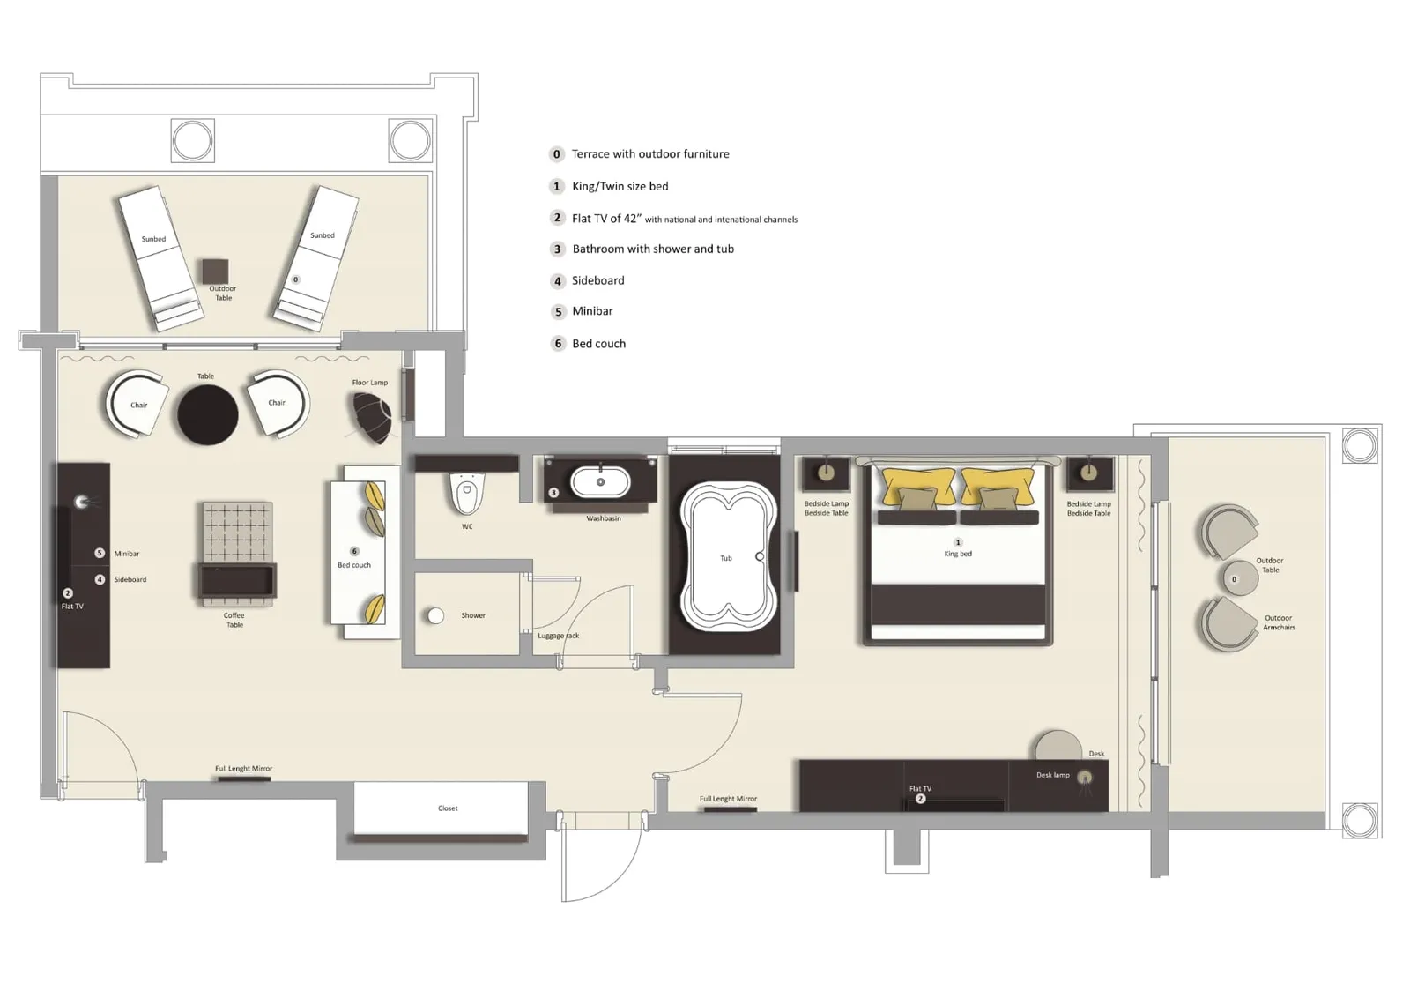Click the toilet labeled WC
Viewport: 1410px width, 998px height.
click(x=467, y=494)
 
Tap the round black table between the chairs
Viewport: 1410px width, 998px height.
click(x=208, y=414)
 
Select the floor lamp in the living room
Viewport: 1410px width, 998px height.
click(x=372, y=416)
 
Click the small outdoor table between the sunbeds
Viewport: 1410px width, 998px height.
click(x=215, y=271)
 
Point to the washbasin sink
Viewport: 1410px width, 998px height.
click(x=600, y=482)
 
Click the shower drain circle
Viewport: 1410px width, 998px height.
click(x=435, y=615)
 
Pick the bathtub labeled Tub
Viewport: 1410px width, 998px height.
click(x=725, y=556)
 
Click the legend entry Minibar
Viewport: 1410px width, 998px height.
click(x=592, y=311)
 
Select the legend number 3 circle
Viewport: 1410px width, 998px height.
click(x=557, y=249)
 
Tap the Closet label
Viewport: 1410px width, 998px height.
click(x=448, y=808)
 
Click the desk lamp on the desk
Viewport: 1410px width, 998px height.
click(x=1085, y=778)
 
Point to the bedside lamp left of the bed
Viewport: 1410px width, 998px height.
click(x=826, y=473)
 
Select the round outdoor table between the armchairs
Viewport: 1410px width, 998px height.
click(x=1240, y=579)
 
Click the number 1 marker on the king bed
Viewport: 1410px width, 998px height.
click(x=958, y=542)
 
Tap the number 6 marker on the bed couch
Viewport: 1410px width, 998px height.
click(x=354, y=551)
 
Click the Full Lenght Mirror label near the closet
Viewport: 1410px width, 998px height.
click(x=243, y=769)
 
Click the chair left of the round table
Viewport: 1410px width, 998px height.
click(x=137, y=404)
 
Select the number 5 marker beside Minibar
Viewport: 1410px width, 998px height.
click(x=100, y=553)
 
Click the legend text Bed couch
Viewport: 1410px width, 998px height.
click(x=598, y=344)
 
